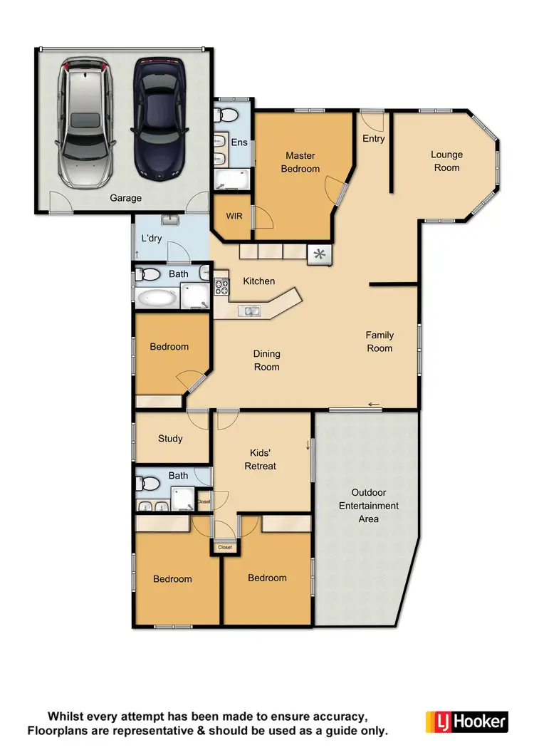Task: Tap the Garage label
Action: coord(125,198)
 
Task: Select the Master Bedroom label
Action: coord(300,162)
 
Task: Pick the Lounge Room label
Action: coord(446,161)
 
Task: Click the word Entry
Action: coord(374,138)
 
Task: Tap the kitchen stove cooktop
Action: coord(221,287)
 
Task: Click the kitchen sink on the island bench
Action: coord(250,311)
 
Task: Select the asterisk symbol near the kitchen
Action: coord(319,254)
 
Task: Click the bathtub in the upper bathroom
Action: coord(157,298)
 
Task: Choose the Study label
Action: coord(170,439)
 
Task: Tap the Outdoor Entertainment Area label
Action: coord(368,506)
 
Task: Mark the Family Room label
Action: coord(379,342)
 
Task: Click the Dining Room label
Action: coord(267,360)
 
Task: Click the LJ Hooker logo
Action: coord(466,721)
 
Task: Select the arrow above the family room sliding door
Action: coord(374,405)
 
